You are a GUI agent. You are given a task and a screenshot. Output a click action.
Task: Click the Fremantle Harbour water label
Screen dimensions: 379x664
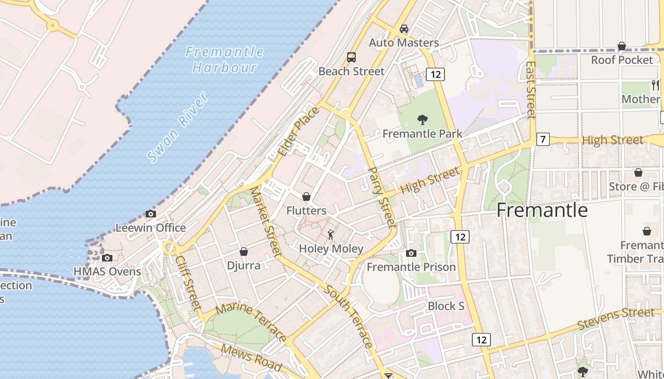(224, 59)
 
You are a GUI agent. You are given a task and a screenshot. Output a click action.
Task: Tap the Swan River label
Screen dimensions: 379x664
(177, 127)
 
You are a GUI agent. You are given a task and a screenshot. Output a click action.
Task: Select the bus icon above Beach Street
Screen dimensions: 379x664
(351, 57)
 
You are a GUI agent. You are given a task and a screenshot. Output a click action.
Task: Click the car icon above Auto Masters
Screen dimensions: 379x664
(404, 29)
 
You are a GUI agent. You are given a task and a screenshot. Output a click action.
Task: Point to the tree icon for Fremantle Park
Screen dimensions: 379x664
(422, 120)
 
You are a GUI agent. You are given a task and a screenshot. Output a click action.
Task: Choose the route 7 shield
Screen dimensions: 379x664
(544, 140)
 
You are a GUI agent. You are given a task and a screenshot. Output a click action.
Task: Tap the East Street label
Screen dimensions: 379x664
(531, 90)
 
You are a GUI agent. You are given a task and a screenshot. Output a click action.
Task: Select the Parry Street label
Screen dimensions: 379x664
(381, 196)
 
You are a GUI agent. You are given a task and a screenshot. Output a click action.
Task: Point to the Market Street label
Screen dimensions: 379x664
(266, 222)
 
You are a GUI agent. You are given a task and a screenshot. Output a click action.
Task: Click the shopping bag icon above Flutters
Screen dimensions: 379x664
(306, 196)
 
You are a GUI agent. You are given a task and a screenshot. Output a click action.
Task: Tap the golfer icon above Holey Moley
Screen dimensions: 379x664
(331, 234)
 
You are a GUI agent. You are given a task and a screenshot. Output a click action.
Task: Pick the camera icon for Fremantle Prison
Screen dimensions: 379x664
(411, 253)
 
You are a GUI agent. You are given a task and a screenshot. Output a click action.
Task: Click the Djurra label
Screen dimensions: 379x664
(244, 265)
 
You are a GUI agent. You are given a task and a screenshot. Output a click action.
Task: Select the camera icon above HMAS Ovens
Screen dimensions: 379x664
(107, 258)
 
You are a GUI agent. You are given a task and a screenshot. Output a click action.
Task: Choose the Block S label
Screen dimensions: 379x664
(446, 306)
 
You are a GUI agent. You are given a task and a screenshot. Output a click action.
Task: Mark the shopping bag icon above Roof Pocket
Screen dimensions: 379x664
(622, 46)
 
